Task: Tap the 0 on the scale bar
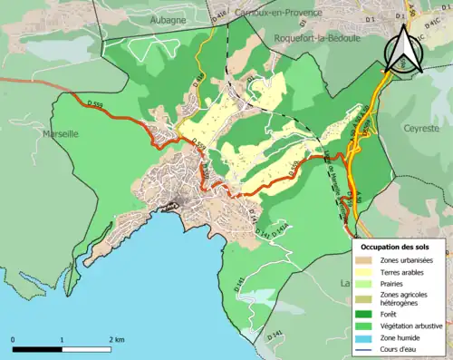pyautogui.click(x=14, y=339)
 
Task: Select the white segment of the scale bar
pyautogui.click(x=86, y=349)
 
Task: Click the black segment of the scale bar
pyautogui.click(x=37, y=349)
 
